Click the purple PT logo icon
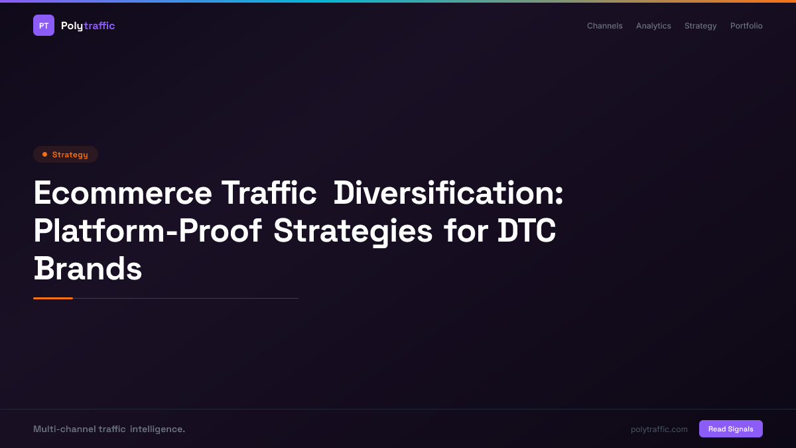click(44, 25)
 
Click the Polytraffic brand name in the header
click(88, 26)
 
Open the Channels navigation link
click(604, 26)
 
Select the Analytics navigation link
click(653, 26)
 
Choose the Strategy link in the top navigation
click(700, 26)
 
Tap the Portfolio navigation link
click(746, 26)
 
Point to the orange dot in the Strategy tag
click(44, 155)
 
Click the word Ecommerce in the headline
click(123, 193)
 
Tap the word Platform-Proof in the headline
click(147, 231)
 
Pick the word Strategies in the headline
click(352, 231)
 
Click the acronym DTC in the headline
click(527, 231)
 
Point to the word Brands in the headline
click(88, 269)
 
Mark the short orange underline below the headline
click(53, 298)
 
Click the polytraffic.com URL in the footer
click(659, 429)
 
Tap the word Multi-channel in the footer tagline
click(64, 429)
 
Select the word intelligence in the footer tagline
click(157, 429)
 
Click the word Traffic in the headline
click(269, 193)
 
